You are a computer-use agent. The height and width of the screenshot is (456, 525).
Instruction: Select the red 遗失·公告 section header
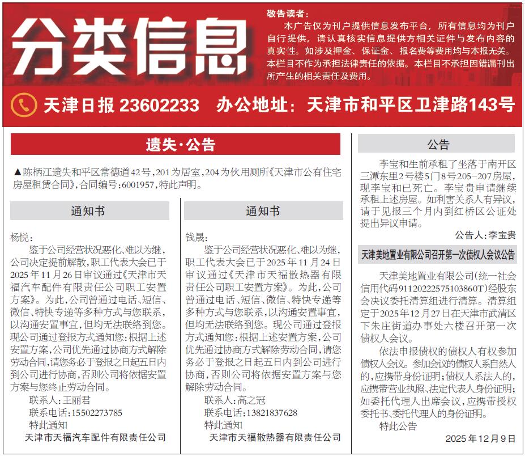click(x=175, y=145)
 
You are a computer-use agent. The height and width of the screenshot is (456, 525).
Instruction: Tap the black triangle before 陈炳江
click(x=16, y=172)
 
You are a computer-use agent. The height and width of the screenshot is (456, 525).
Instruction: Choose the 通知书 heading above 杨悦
click(x=89, y=211)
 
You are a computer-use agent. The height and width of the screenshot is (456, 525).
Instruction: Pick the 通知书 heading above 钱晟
click(x=263, y=211)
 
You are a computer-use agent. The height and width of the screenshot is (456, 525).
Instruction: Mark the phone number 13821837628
click(x=267, y=412)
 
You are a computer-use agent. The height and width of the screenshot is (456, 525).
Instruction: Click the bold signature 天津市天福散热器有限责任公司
click(x=275, y=437)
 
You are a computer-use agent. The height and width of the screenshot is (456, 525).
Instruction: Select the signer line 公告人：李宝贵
click(x=485, y=234)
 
